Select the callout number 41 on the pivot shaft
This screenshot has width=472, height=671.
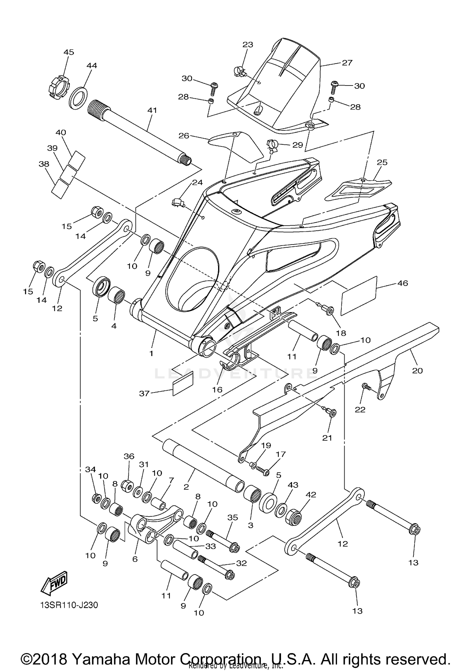(x=152, y=110)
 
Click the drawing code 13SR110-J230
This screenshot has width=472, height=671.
(x=69, y=605)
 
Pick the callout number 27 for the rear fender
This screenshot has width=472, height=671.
(x=347, y=63)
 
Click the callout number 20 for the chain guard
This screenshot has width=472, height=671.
(x=417, y=371)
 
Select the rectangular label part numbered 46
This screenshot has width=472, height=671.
(x=359, y=295)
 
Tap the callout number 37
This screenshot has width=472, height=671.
(x=144, y=393)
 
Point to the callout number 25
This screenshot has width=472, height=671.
(x=382, y=162)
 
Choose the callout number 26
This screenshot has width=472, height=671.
(x=184, y=135)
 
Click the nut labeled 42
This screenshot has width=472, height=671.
(x=293, y=516)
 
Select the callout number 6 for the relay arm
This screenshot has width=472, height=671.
(x=135, y=559)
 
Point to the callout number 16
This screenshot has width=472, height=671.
(x=217, y=390)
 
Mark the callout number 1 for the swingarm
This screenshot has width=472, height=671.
(x=151, y=353)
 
